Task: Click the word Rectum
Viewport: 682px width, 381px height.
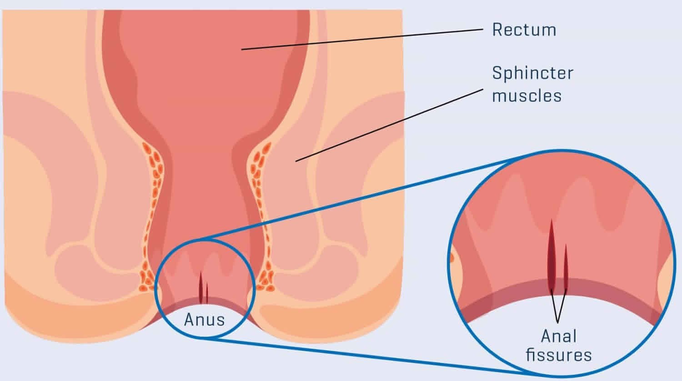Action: (x=524, y=30)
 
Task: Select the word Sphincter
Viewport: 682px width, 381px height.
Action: (x=532, y=73)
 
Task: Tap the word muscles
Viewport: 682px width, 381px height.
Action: (x=527, y=96)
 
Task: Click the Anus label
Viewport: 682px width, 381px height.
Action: (x=204, y=320)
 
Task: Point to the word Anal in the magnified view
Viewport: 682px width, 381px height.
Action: (x=559, y=336)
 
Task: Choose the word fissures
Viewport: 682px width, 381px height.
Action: (x=559, y=355)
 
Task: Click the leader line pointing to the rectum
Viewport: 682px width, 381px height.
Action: (x=364, y=39)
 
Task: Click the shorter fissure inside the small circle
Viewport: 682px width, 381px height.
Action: (x=207, y=293)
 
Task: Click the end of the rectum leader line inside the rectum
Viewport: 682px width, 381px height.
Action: (x=242, y=49)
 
